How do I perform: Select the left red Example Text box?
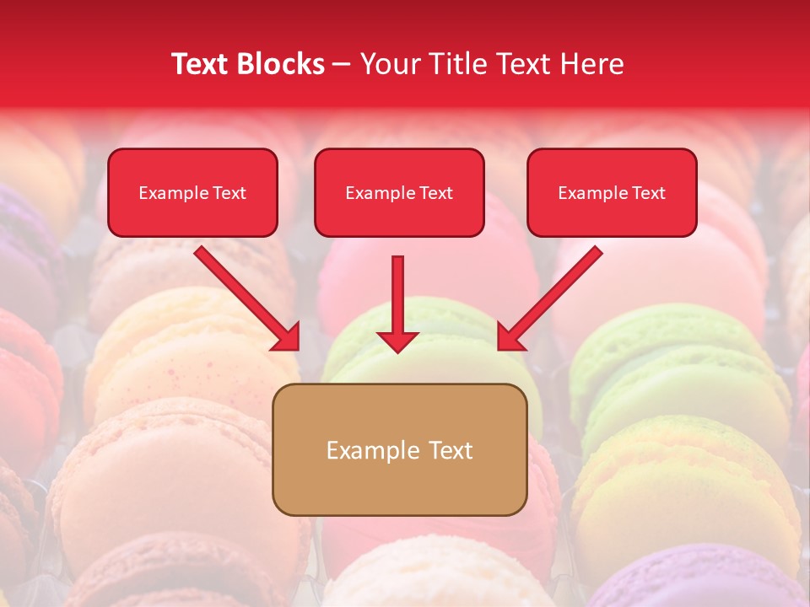coord(192,192)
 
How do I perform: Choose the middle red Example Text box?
coord(399,192)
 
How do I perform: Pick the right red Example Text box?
coord(612,192)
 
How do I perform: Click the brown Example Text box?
coord(399,449)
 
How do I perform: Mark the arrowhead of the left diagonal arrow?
coord(287,337)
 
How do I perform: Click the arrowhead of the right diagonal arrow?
coord(510,337)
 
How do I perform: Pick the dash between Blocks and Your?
coord(343,65)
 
